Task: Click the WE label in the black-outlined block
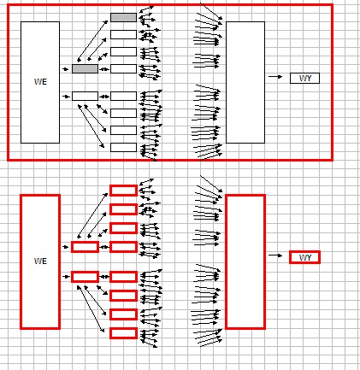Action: (x=40, y=82)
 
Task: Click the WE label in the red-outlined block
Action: (x=40, y=261)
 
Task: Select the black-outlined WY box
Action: (x=304, y=78)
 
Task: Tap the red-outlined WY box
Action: (x=304, y=257)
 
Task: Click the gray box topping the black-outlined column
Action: (x=123, y=17)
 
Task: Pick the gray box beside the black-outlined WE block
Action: (x=85, y=68)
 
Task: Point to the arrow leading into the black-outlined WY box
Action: (x=275, y=76)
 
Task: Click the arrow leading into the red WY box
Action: (x=275, y=255)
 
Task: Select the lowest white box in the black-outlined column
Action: (x=123, y=147)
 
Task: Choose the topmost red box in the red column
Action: (x=123, y=191)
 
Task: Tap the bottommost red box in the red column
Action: (x=123, y=333)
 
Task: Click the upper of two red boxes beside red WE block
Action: (x=85, y=247)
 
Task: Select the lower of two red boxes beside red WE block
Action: (x=85, y=277)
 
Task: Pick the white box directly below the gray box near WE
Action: (x=85, y=96)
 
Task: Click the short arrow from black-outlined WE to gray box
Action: (x=66, y=69)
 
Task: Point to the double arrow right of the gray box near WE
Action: (x=104, y=69)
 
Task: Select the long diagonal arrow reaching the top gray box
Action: (x=92, y=41)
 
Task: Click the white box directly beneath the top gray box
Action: (x=123, y=34)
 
